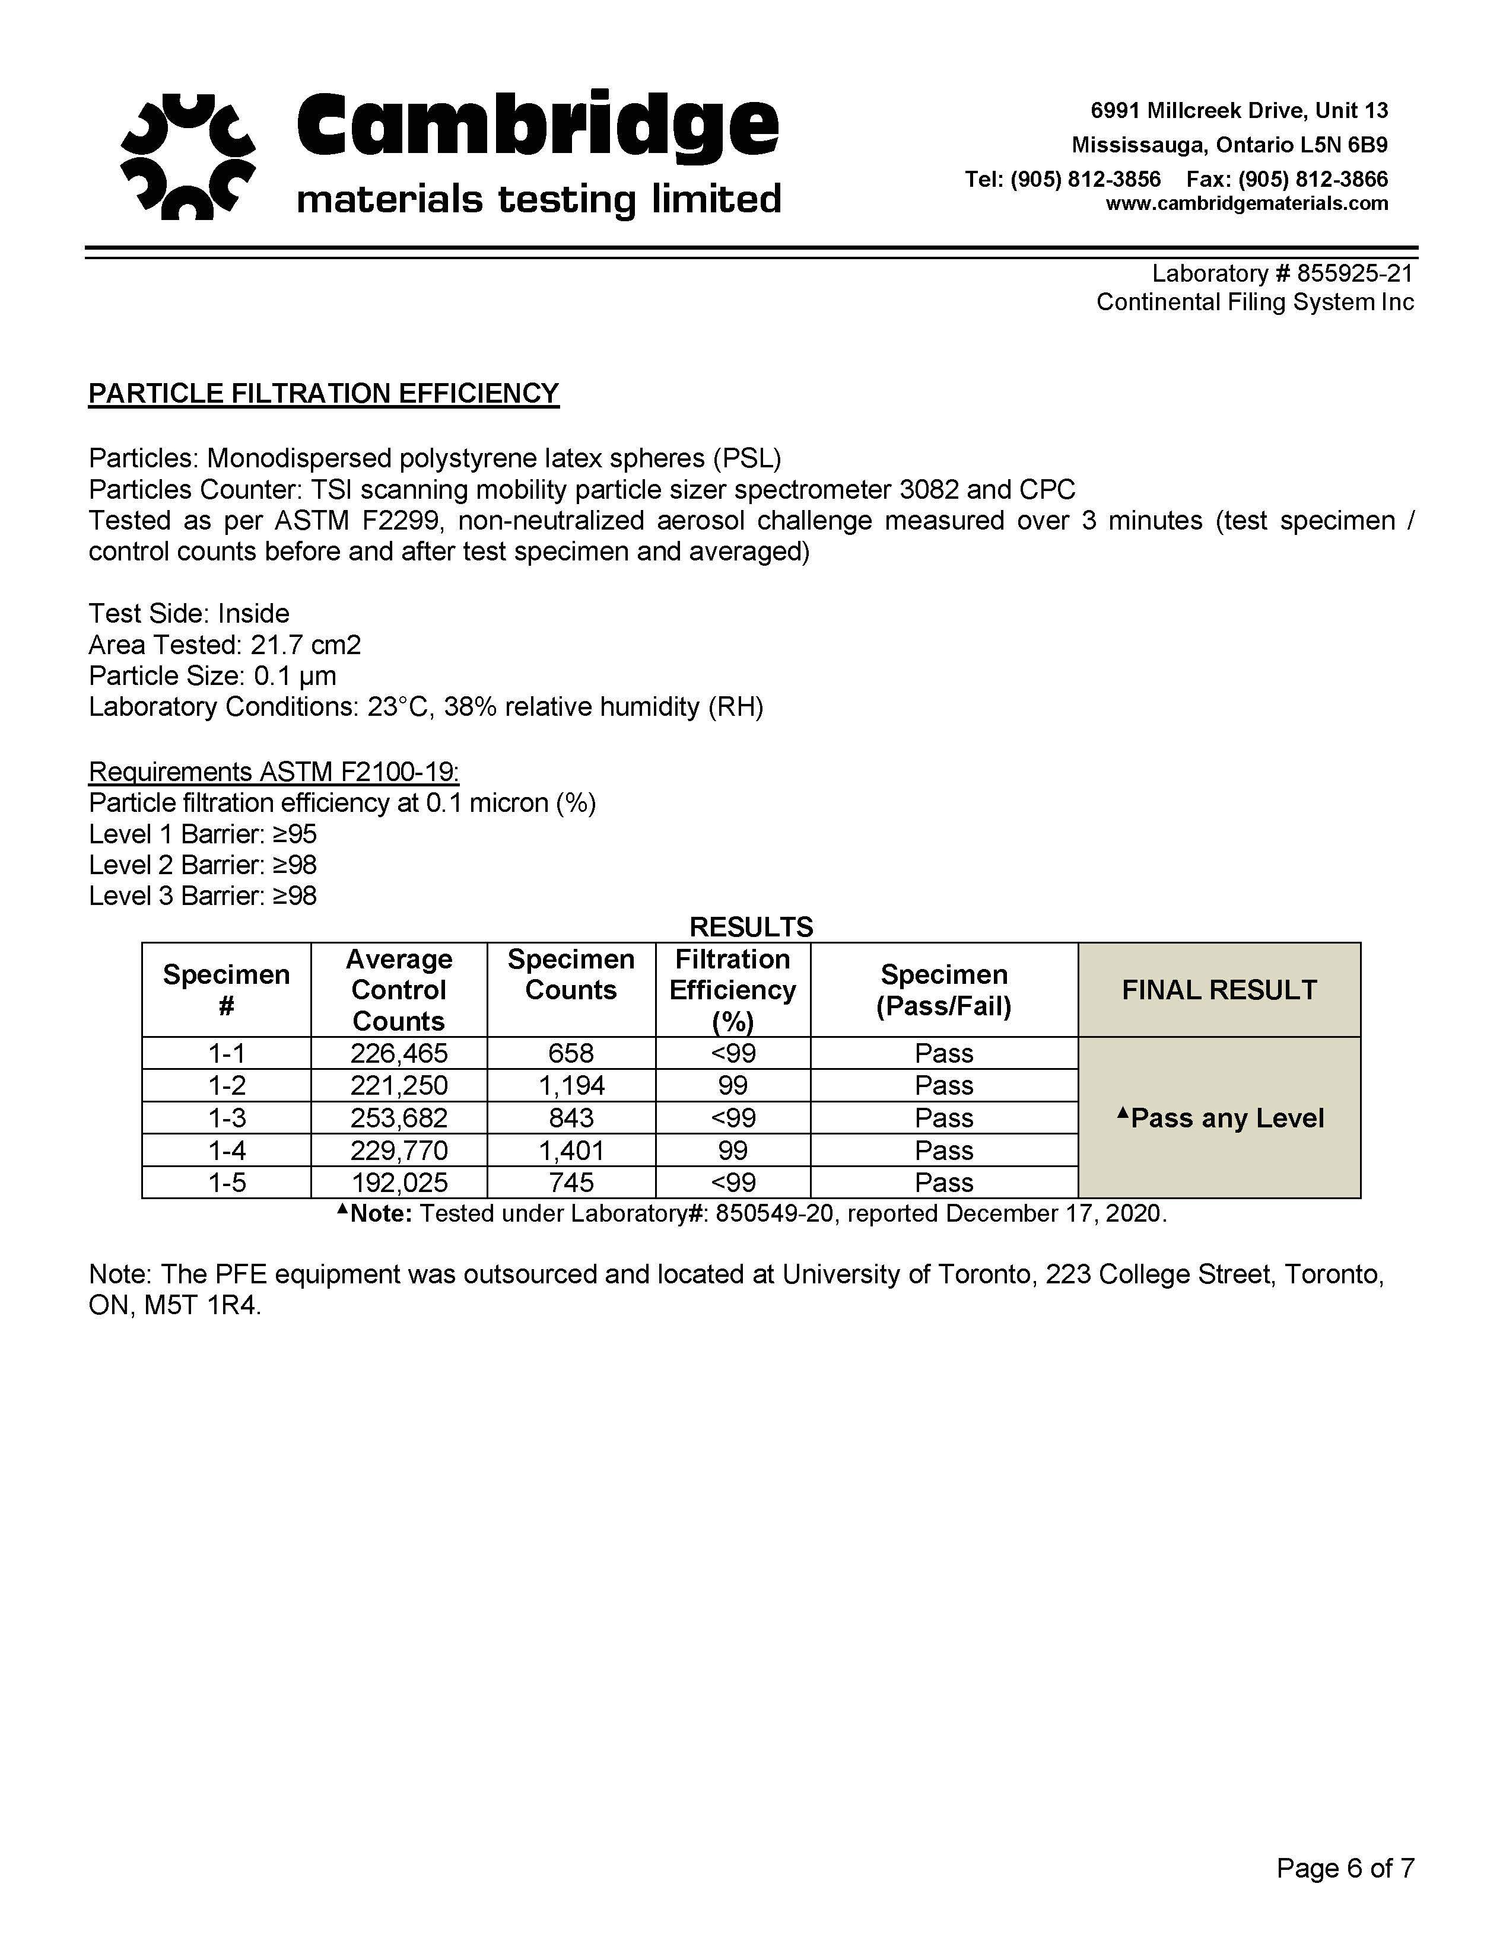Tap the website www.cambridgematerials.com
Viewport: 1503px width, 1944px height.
click(x=1247, y=204)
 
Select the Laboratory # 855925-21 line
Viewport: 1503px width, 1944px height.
click(x=1282, y=273)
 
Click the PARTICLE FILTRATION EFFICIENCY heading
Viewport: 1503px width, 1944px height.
click(x=323, y=393)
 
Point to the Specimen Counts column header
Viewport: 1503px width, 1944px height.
click(x=571, y=975)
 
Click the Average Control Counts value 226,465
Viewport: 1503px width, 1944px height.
click(x=399, y=1053)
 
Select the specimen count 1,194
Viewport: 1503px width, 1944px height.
click(x=571, y=1085)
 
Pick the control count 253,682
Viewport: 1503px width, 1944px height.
click(x=399, y=1118)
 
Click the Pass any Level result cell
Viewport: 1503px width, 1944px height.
click(x=1219, y=1118)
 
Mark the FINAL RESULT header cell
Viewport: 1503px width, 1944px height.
click(x=1219, y=990)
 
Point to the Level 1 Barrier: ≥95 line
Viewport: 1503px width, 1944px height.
click(x=203, y=834)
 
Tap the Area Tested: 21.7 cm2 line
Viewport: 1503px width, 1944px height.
click(x=224, y=645)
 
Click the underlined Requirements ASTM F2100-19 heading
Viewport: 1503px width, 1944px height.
click(x=274, y=771)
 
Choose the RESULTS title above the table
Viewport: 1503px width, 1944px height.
click(x=751, y=926)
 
